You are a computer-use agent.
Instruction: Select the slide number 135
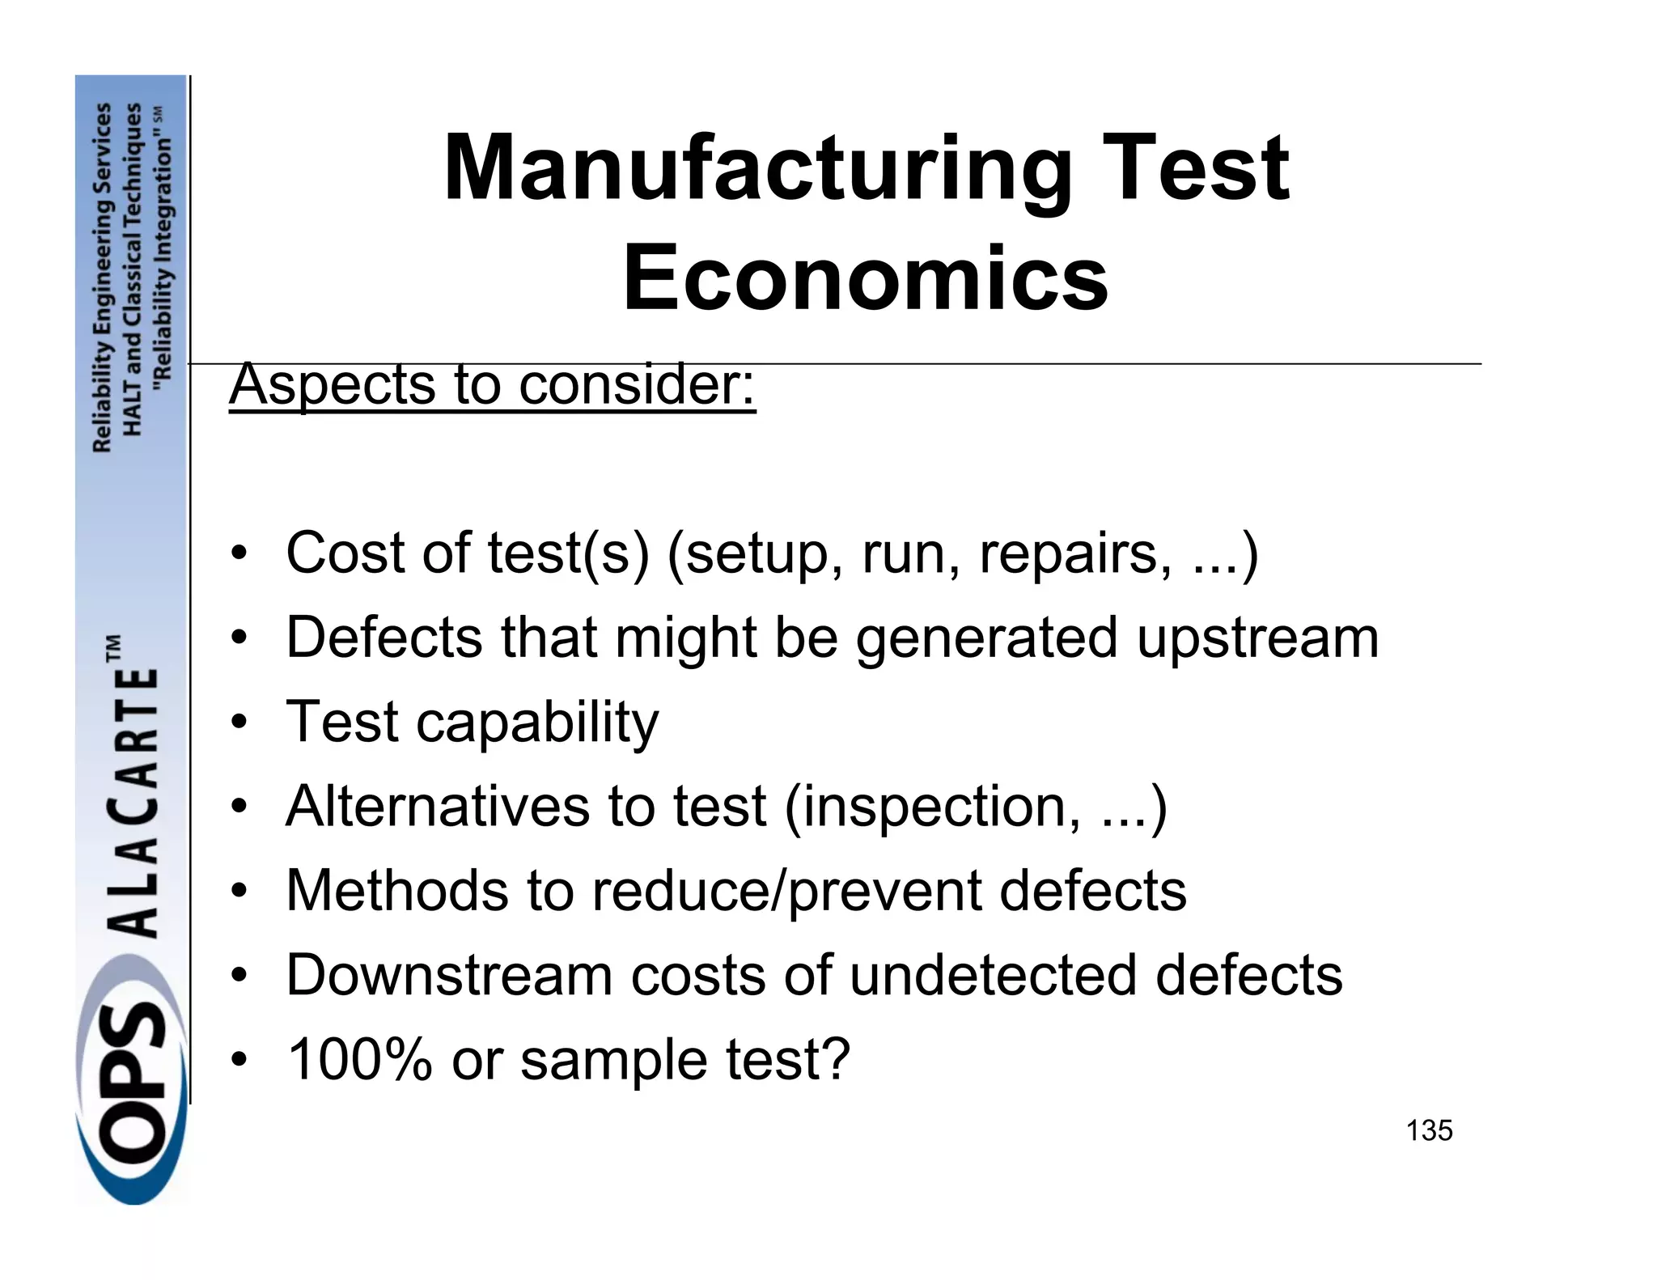[1429, 1130]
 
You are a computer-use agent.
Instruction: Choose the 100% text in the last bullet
[359, 1059]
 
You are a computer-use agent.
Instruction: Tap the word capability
[537, 723]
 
